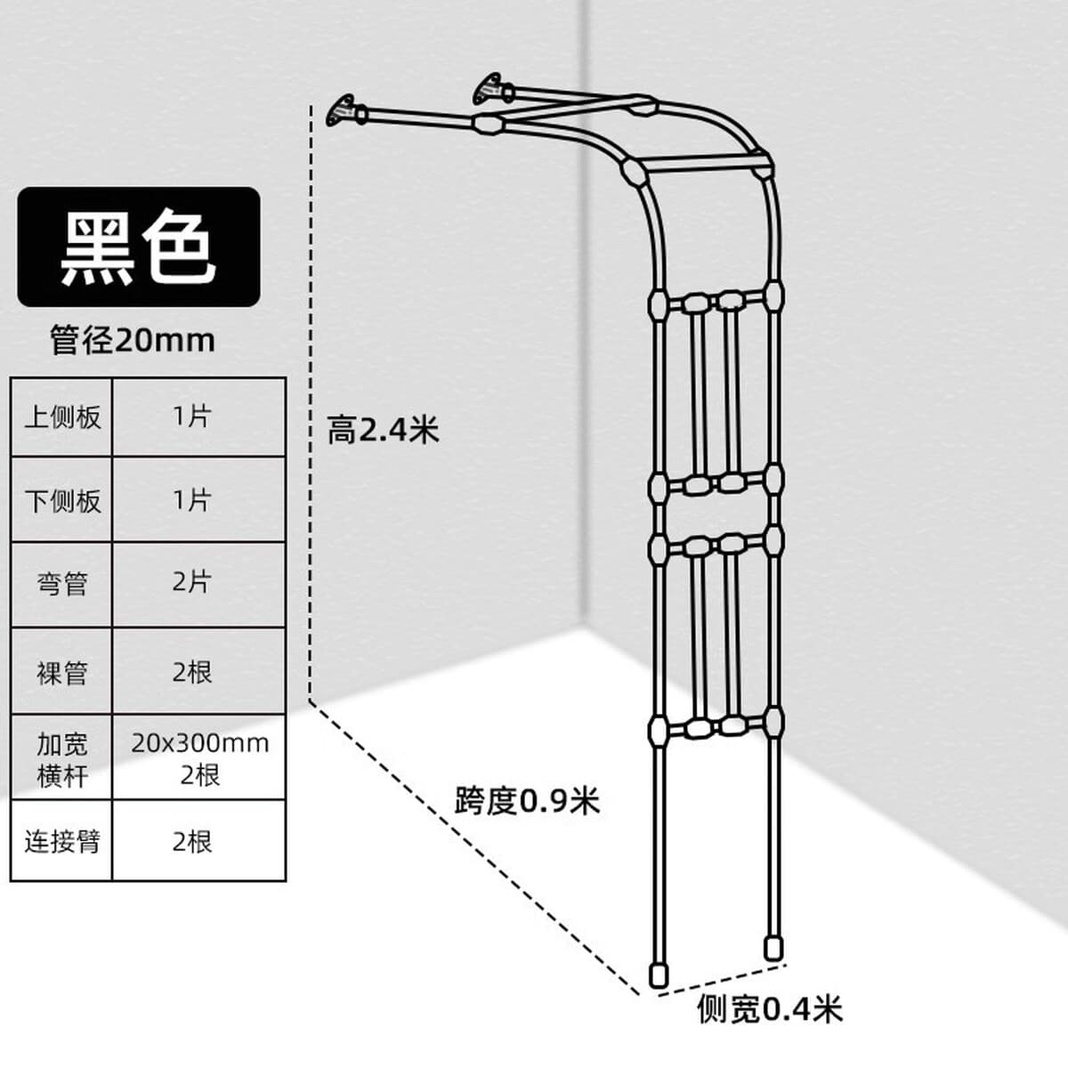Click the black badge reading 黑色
pos(139,247)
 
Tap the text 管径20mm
pos(133,340)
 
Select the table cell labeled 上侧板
pos(61,417)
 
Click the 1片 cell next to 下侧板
pos(199,499)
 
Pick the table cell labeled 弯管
pos(61,584)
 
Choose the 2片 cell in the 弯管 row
pos(199,584)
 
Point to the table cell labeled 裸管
pos(61,671)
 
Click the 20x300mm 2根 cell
pos(199,757)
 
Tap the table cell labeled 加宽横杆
pos(61,757)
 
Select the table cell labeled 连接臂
pos(61,841)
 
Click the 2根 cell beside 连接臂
pos(199,841)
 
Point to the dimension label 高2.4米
pos(383,430)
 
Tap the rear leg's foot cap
pos(773,948)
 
